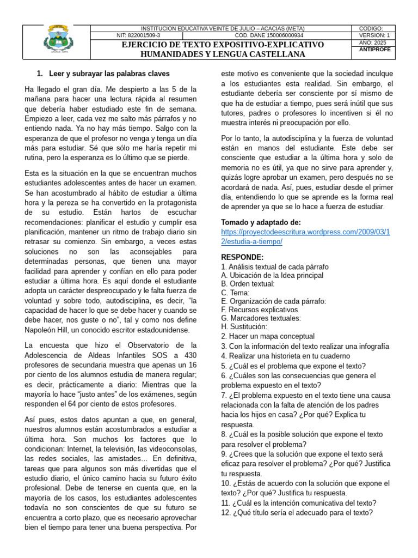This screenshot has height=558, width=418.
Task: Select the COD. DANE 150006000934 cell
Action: pyautogui.click(x=268, y=35)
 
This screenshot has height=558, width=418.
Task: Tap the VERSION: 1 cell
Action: pyautogui.click(x=374, y=35)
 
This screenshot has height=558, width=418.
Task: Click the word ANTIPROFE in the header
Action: pyautogui.click(x=374, y=50)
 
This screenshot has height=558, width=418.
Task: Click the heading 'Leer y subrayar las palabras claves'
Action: pyautogui.click(x=109, y=74)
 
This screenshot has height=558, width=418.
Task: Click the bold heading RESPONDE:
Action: pyautogui.click(x=242, y=257)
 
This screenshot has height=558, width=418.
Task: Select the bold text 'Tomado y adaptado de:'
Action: pyautogui.click(x=261, y=222)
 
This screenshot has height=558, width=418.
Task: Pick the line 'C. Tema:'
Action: pyautogui.click(x=235, y=293)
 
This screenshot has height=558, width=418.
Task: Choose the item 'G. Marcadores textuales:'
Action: pyautogui.click(x=261, y=318)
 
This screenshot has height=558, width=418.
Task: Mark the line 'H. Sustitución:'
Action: pyautogui.click(x=244, y=327)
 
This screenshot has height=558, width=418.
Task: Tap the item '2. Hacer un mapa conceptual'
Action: pyautogui.click(x=268, y=337)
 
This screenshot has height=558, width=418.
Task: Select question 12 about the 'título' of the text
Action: pyautogui.click(x=297, y=513)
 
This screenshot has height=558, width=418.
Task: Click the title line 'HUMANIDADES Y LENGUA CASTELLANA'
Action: pyautogui.click(x=223, y=54)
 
